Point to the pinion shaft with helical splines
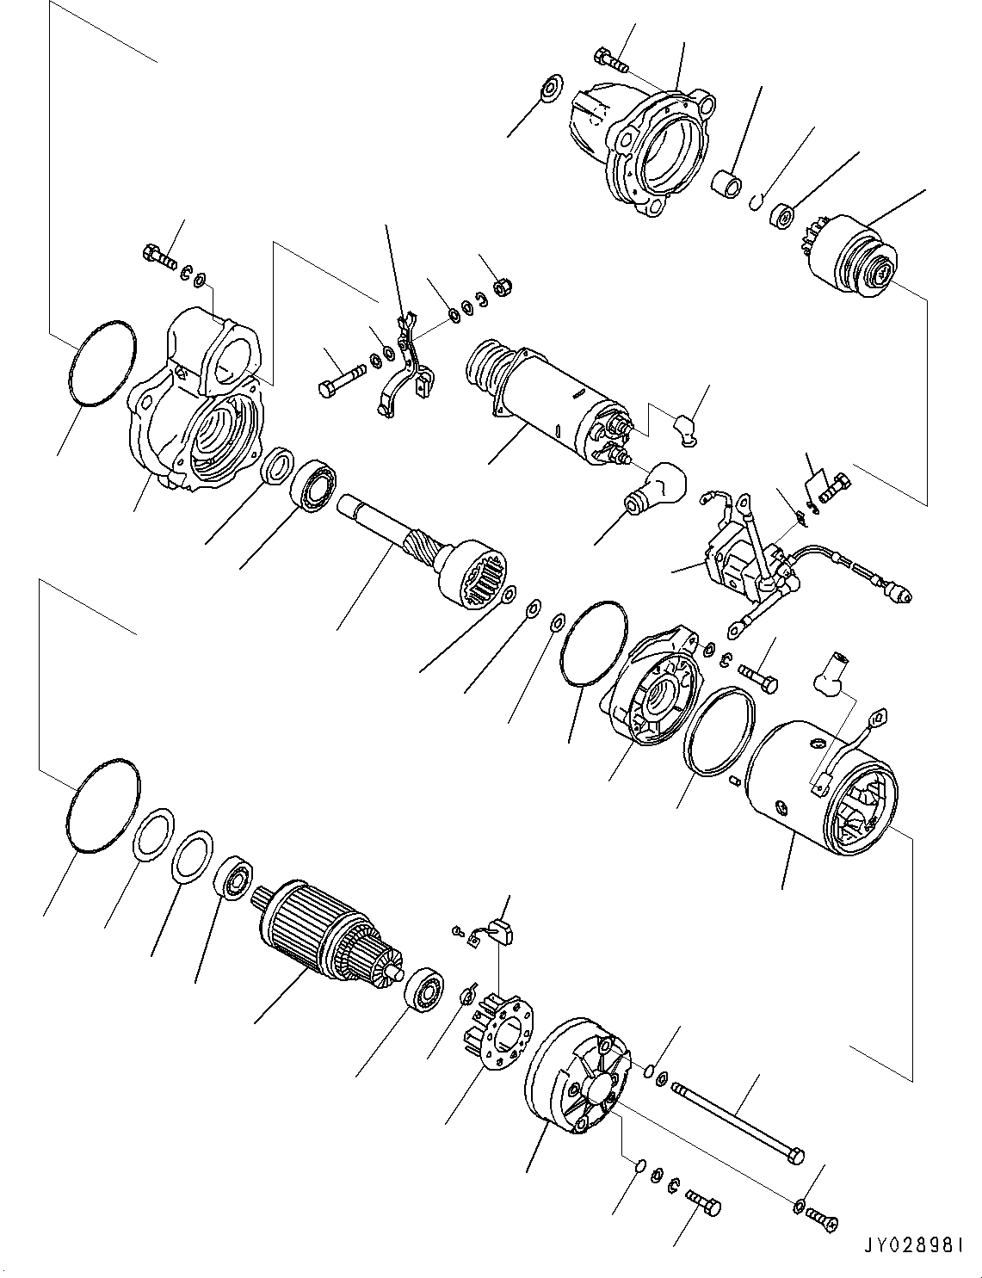tap(423, 551)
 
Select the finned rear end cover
tap(577, 1076)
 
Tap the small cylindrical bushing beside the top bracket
tap(726, 184)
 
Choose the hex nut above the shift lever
tap(503, 287)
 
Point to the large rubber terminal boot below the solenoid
tap(656, 488)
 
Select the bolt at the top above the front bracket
tap(611, 61)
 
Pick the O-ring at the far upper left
tap(102, 363)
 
